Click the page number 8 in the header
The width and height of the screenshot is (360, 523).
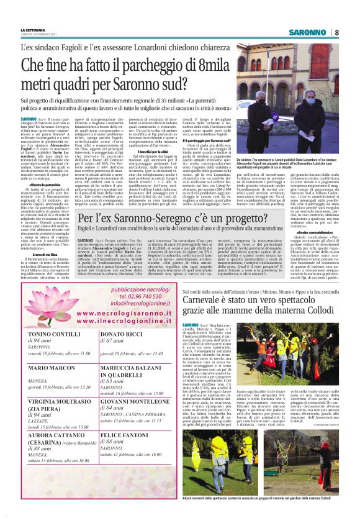point(336,32)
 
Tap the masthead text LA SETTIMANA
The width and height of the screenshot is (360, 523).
point(32,30)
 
